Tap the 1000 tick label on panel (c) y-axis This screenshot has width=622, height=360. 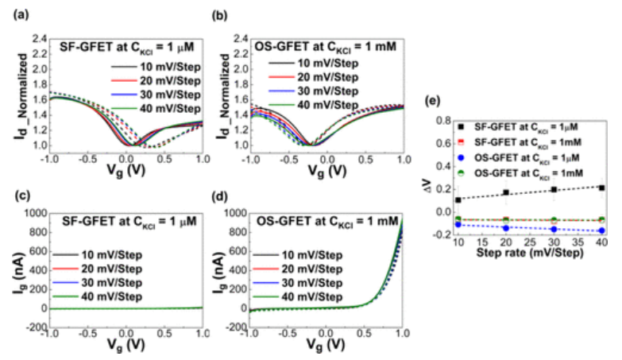point(32,213)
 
